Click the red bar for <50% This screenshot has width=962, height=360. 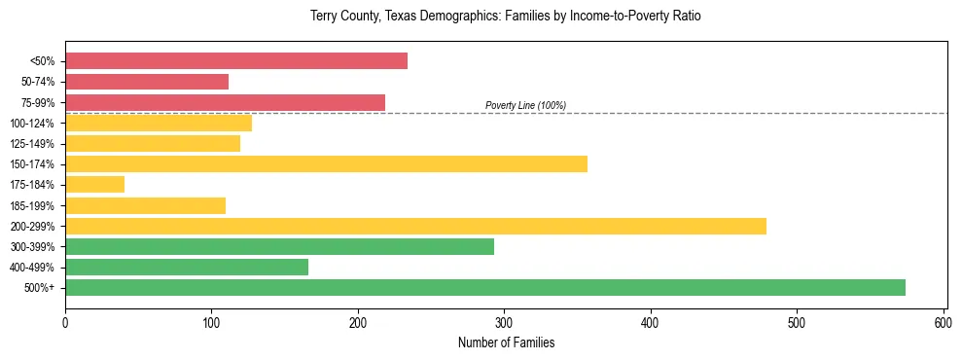pyautogui.click(x=236, y=60)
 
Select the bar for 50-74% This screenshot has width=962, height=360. pyautogui.click(x=147, y=82)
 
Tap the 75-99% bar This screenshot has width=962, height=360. pyautogui.click(x=225, y=102)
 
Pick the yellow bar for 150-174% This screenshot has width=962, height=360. pyautogui.click(x=326, y=163)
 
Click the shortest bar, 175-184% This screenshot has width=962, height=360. pyautogui.click(x=94, y=184)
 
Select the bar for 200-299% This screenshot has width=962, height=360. pyautogui.click(x=415, y=226)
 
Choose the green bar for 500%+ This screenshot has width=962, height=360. pyautogui.click(x=485, y=287)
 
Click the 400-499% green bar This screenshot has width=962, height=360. pyautogui.click(x=187, y=267)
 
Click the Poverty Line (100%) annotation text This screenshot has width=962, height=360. pyautogui.click(x=525, y=105)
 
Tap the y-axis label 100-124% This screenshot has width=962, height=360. pyautogui.click(x=32, y=124)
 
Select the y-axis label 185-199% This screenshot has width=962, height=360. pyautogui.click(x=32, y=205)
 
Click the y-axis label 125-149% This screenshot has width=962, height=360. pyautogui.click(x=32, y=144)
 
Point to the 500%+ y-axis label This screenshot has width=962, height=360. pyautogui.click(x=40, y=288)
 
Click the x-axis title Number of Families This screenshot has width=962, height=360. pyautogui.click(x=506, y=342)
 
